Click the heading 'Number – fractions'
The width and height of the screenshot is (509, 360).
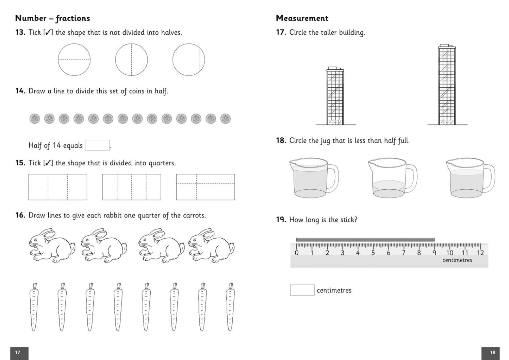click(52, 18)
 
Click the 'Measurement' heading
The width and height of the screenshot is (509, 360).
click(302, 18)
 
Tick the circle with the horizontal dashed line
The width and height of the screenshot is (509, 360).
click(74, 59)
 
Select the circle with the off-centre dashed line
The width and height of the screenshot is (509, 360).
click(188, 59)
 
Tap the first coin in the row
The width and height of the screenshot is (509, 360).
click(35, 119)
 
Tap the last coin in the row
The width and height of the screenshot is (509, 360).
click(225, 119)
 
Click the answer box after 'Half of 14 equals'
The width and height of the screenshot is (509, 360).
click(97, 145)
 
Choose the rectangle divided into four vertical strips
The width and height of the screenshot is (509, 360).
click(131, 187)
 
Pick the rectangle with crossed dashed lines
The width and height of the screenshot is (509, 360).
click(205, 187)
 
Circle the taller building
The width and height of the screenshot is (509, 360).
click(447, 85)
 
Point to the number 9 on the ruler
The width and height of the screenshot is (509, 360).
click(434, 253)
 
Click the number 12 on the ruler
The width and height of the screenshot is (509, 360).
click(480, 253)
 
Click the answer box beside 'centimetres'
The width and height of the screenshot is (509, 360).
click(302, 290)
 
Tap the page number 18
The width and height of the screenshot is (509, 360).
click(492, 353)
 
